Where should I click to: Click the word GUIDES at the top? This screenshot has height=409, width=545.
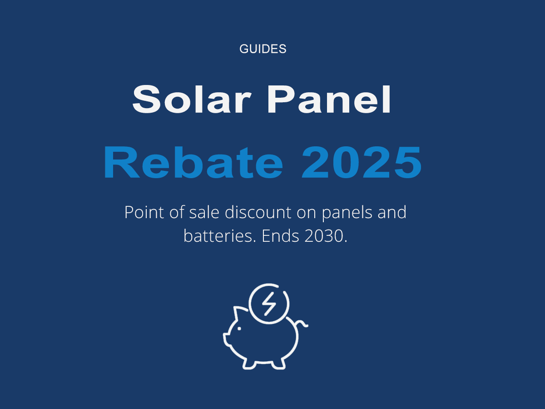coord(263,49)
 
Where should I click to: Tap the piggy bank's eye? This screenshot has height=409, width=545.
coord(240,329)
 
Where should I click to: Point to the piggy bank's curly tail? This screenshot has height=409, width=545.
coord(303,324)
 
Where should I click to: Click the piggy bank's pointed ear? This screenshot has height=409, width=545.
coord(238,313)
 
